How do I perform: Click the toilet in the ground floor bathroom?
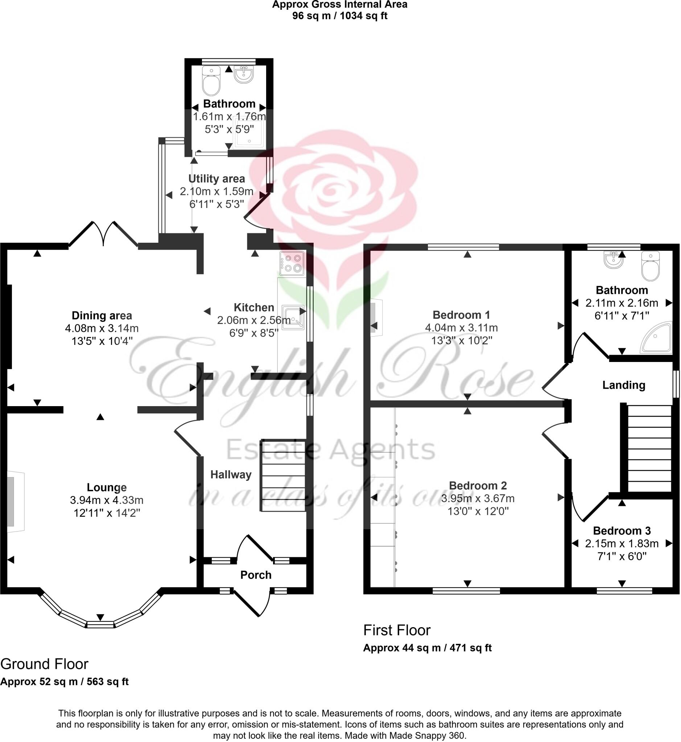(x=211, y=81)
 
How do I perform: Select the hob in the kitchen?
(x=292, y=264)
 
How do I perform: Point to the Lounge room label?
(x=107, y=488)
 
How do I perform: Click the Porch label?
(x=256, y=575)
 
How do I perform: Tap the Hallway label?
(x=231, y=475)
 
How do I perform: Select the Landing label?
(x=623, y=385)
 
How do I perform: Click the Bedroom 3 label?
(x=622, y=531)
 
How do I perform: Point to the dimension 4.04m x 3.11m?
(x=461, y=328)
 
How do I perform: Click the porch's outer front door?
(x=252, y=603)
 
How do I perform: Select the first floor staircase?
(x=649, y=448)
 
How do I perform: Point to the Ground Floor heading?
(x=44, y=664)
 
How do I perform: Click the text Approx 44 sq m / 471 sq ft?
(x=427, y=648)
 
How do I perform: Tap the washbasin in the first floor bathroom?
(x=614, y=260)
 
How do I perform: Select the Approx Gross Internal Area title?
(x=340, y=5)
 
